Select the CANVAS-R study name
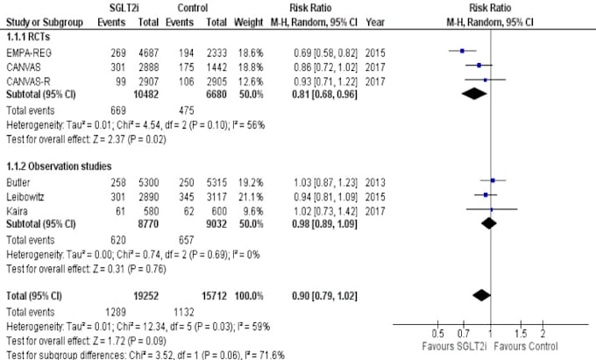pos(25,81)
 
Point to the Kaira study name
pos(17,209)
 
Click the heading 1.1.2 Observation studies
pos(47,166)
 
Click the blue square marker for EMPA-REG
pos(462,52)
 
